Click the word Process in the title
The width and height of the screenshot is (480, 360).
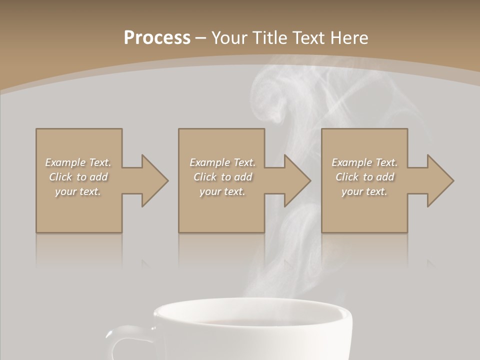(x=157, y=38)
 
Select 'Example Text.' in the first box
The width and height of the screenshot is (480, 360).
(x=78, y=162)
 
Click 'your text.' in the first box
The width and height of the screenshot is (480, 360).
(x=78, y=191)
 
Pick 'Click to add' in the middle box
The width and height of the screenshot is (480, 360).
(x=222, y=177)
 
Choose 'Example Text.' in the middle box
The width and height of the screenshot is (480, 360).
(x=222, y=162)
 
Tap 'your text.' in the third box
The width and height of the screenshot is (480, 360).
(x=364, y=191)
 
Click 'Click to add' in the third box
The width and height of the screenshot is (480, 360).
(x=364, y=177)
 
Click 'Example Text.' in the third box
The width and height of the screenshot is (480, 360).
(x=364, y=162)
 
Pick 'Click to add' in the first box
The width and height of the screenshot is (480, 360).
(x=78, y=177)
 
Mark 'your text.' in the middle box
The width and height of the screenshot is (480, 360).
(x=222, y=191)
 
